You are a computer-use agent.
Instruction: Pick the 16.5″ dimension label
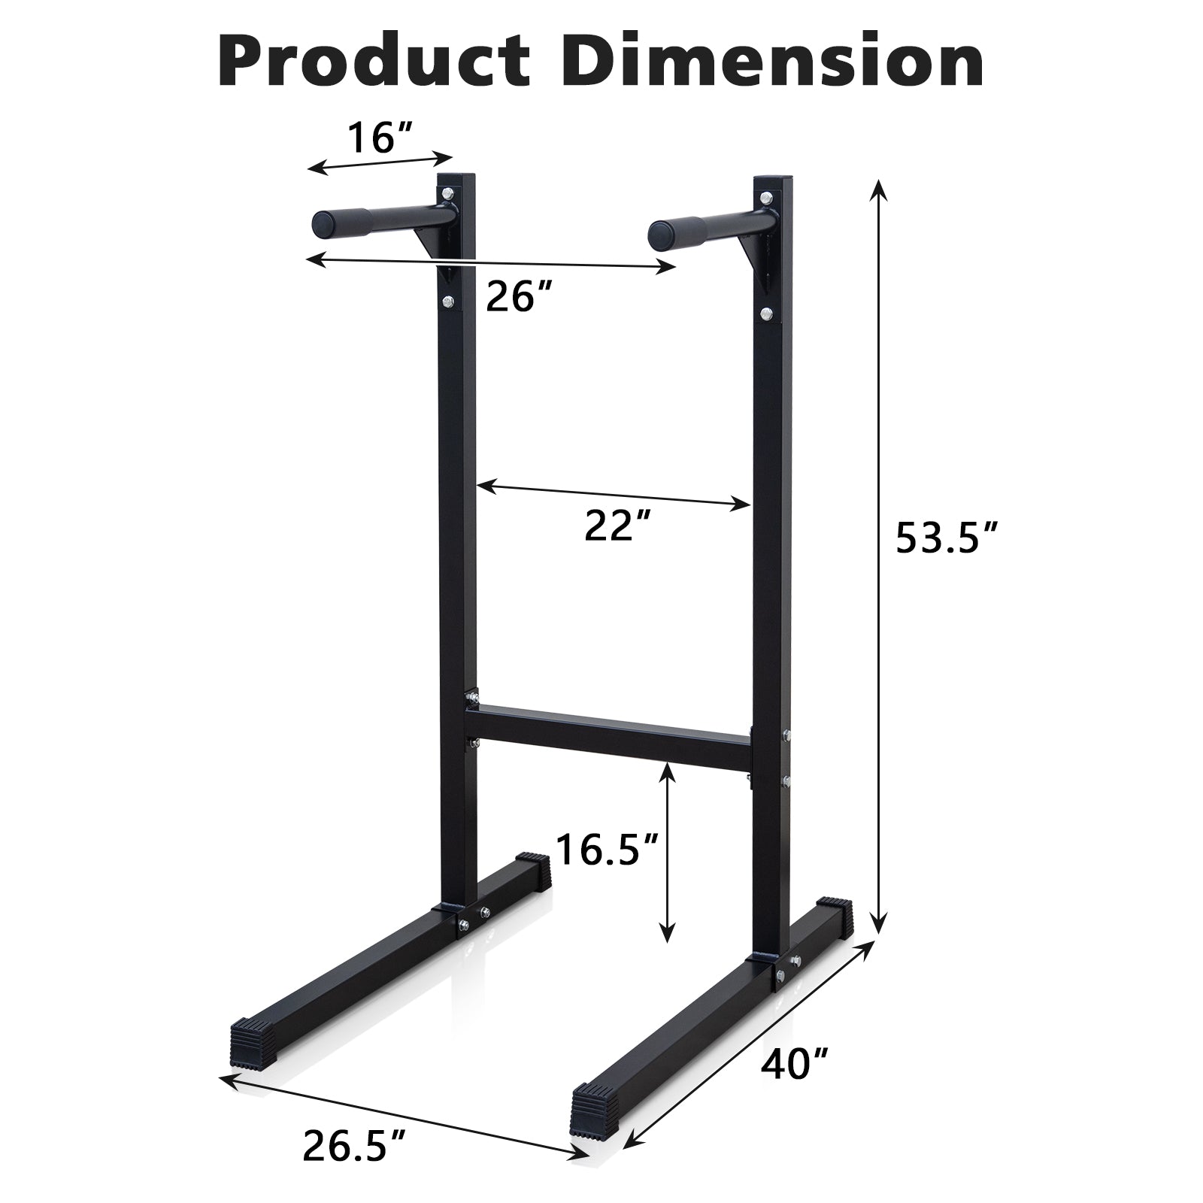pyautogui.click(x=608, y=850)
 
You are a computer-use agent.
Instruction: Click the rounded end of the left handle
pyautogui.click(x=325, y=224)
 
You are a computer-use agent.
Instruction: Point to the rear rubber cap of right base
pyautogui.click(x=834, y=913)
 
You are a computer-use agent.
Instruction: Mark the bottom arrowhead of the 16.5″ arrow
pyautogui.click(x=665, y=932)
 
